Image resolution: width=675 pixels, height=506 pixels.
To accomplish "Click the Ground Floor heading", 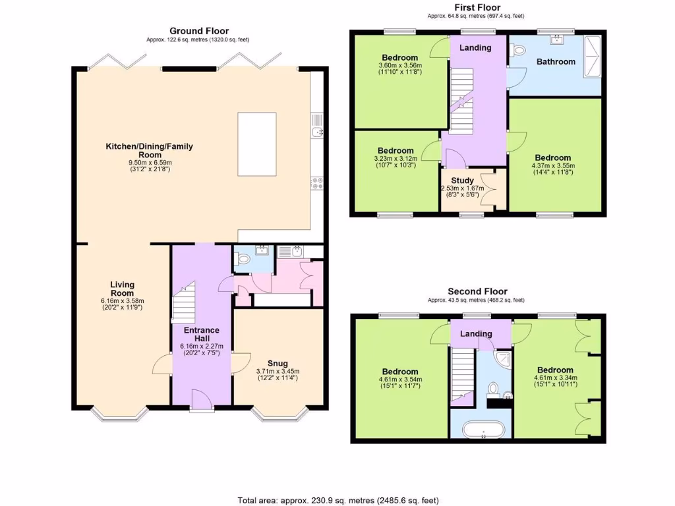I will click(199, 31).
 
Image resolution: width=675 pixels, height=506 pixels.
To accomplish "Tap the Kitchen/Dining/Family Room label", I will click(150, 150).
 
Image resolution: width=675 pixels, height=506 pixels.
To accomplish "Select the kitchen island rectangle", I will click(257, 144).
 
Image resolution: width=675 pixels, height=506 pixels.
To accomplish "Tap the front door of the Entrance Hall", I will click(202, 399).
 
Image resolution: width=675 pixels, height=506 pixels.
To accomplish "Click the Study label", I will click(462, 181).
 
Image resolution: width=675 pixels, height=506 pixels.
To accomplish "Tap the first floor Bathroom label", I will click(556, 62).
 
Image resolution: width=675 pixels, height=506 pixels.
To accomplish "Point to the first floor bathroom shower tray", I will click(592, 57).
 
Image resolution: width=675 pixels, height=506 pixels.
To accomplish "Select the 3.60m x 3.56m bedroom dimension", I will click(400, 66).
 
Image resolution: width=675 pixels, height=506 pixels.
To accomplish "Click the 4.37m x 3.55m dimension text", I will click(553, 166).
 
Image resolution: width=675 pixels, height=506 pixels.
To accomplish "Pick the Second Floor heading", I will click(477, 291).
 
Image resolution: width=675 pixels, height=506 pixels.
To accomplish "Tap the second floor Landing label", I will click(476, 334).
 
